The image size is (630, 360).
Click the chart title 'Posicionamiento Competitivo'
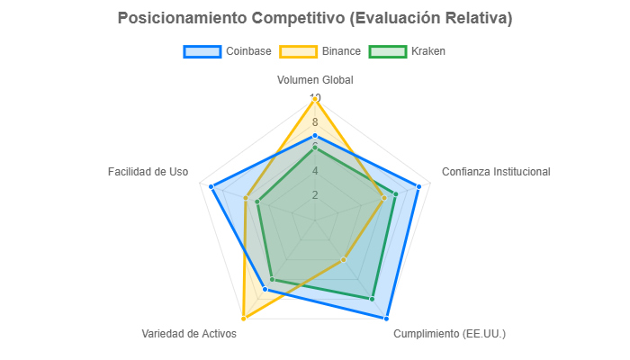(315, 18)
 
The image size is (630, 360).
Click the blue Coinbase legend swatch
(202, 51)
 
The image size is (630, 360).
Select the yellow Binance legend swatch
(299, 51)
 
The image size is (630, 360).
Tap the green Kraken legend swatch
(389, 51)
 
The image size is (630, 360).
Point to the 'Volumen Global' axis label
(315, 79)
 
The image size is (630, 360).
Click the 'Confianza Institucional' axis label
(496, 171)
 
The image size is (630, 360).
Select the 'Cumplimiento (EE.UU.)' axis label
(450, 334)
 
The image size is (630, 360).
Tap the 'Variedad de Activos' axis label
(189, 334)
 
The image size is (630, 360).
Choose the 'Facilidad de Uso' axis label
(148, 171)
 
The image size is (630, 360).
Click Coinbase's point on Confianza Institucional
(418, 186)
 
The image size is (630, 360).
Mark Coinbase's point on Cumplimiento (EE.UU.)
(387, 319)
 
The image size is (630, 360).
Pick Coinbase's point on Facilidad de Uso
(211, 186)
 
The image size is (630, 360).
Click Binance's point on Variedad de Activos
(243, 319)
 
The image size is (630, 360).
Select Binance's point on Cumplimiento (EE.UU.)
(344, 260)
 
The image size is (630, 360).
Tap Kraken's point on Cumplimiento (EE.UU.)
(373, 299)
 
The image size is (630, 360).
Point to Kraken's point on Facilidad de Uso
(257, 202)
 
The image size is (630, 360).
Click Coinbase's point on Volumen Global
(315, 135)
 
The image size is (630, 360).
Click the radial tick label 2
(315, 195)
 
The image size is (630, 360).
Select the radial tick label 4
(315, 171)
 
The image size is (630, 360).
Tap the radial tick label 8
(315, 122)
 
